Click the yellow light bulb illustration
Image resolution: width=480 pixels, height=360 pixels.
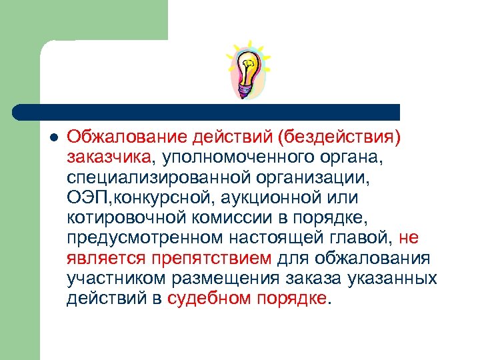click(248, 67)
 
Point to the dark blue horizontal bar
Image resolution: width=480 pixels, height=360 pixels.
click(207, 111)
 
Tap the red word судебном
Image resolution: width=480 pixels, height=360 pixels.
click(209, 298)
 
